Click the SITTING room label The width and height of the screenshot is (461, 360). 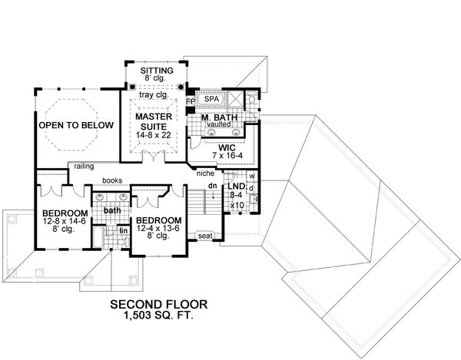point(156,70)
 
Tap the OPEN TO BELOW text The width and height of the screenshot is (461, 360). point(77,125)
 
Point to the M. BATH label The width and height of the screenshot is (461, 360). point(217,117)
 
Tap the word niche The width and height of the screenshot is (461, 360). point(205,173)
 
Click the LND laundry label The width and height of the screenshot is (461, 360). point(236,187)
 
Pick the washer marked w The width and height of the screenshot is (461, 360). point(252,180)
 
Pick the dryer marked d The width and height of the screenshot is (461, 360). point(252,193)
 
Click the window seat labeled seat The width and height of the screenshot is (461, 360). point(205,236)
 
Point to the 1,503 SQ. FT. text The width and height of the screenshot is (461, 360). point(162,315)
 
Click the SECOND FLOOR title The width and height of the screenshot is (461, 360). point(162,304)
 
